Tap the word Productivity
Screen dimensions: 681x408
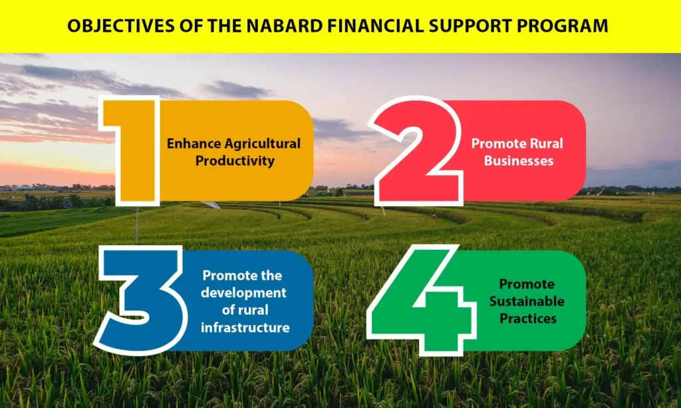click(x=235, y=161)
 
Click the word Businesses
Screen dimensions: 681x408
click(x=519, y=161)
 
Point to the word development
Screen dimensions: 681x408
click(x=243, y=293)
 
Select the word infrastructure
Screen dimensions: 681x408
click(x=245, y=328)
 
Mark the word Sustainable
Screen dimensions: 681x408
click(x=527, y=301)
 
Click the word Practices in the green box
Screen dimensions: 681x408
click(x=527, y=318)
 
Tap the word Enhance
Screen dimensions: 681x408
click(x=194, y=144)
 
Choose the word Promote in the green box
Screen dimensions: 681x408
click(x=527, y=284)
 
